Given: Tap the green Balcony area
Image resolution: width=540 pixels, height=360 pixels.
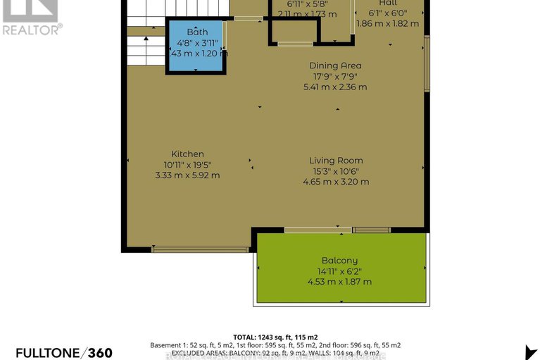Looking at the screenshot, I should [x=342, y=268].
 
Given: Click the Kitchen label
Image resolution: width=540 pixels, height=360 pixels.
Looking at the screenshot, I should [x=187, y=154].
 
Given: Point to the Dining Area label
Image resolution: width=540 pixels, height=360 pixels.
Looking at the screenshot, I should [x=335, y=66].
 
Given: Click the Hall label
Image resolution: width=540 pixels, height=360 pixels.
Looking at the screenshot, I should [x=388, y=3].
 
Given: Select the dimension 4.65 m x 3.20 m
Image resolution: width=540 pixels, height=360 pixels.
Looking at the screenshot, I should [x=336, y=181].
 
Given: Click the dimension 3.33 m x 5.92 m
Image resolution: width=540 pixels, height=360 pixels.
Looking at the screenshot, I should [x=187, y=175].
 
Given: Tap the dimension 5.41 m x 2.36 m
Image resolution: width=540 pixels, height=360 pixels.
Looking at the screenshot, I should [x=335, y=87].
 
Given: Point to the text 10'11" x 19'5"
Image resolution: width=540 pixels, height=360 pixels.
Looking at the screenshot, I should [x=187, y=164].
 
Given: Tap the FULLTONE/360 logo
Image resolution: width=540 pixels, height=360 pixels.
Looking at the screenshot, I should [x=63, y=352].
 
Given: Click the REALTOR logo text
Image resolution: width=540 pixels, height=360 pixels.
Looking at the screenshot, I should [x=32, y=29].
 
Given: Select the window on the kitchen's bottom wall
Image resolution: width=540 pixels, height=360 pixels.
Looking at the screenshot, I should [x=200, y=249].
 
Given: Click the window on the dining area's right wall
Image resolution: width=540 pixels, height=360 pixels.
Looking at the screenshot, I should [x=426, y=63].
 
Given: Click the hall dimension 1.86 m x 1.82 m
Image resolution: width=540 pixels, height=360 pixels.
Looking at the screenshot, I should [x=387, y=23].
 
